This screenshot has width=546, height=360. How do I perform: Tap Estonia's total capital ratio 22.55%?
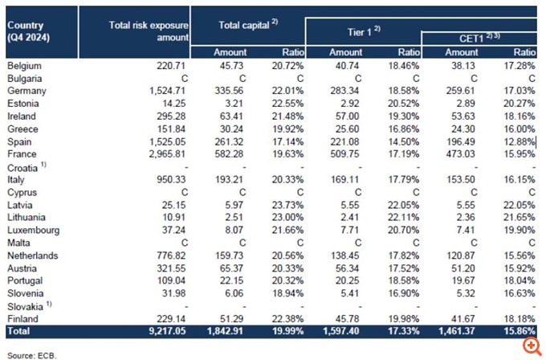pos(287,103)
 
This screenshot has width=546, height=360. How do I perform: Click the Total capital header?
pos(248,25)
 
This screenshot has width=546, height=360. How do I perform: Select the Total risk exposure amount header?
pos(149,31)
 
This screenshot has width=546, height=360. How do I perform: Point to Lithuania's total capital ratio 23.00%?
pos(287,217)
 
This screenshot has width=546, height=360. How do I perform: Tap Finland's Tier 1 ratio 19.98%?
pos(402,318)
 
